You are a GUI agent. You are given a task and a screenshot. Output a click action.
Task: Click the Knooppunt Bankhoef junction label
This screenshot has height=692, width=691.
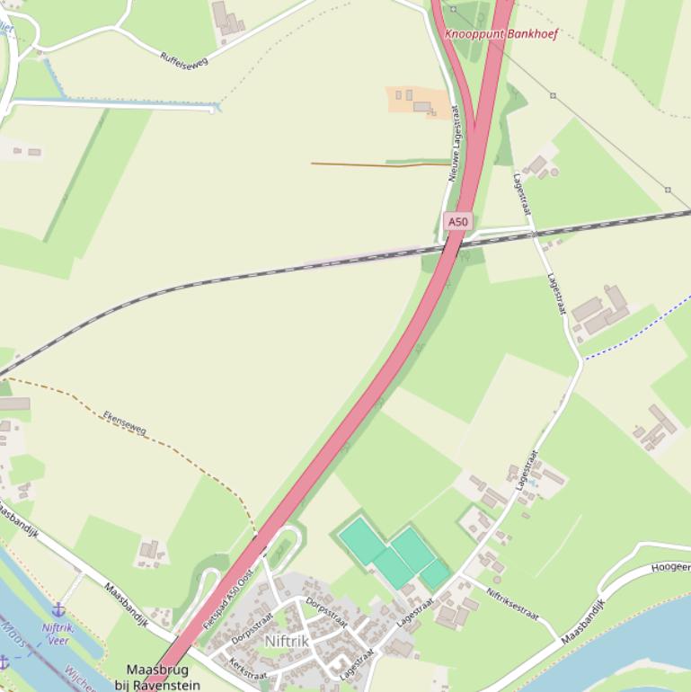tap(501, 34)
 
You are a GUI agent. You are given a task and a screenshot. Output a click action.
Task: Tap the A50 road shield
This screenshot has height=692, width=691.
tap(458, 221)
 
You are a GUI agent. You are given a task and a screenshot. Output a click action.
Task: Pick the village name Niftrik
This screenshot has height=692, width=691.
tap(287, 641)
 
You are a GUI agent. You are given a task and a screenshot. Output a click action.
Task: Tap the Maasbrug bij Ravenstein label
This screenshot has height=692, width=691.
tap(157, 677)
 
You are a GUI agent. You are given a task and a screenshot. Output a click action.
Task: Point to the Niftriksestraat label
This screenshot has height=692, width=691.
tap(511, 603)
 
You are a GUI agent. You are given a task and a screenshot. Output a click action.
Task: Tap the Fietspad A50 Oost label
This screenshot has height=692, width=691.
tap(228, 598)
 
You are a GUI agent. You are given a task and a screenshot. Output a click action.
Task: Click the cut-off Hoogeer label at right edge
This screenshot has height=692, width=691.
tap(670, 567)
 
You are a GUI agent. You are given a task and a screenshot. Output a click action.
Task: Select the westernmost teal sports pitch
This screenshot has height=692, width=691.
tap(362, 539)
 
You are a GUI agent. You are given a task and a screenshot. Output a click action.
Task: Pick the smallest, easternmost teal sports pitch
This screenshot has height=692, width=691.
tap(436, 573)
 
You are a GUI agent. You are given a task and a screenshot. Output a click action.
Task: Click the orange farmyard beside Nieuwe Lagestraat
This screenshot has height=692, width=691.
tap(417, 101)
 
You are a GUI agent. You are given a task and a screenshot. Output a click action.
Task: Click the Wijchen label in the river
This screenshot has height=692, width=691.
tap(77, 676)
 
